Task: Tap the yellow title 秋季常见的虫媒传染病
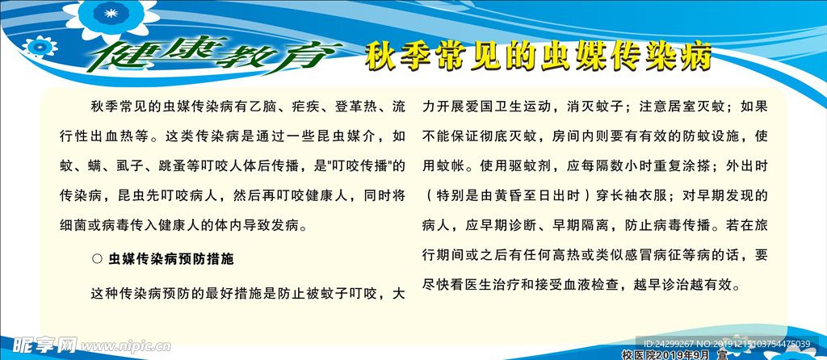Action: pos(538,57)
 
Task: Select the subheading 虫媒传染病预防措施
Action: pos(170,259)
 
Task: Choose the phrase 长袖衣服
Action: pos(643,195)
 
